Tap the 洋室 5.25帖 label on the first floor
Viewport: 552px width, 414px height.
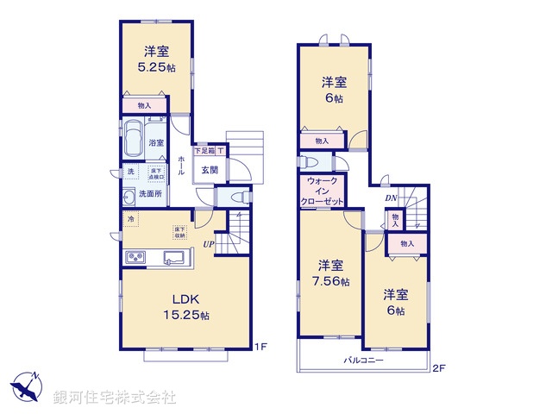click(156, 58)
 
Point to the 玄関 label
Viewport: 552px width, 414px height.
click(210, 170)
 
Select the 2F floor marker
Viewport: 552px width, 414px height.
click(438, 368)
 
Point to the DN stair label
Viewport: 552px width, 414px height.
click(390, 198)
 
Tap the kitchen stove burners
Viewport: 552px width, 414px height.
click(137, 257)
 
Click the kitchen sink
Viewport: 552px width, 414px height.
click(171, 257)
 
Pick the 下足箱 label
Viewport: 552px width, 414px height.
click(204, 151)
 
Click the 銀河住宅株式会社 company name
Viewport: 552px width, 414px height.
click(114, 398)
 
